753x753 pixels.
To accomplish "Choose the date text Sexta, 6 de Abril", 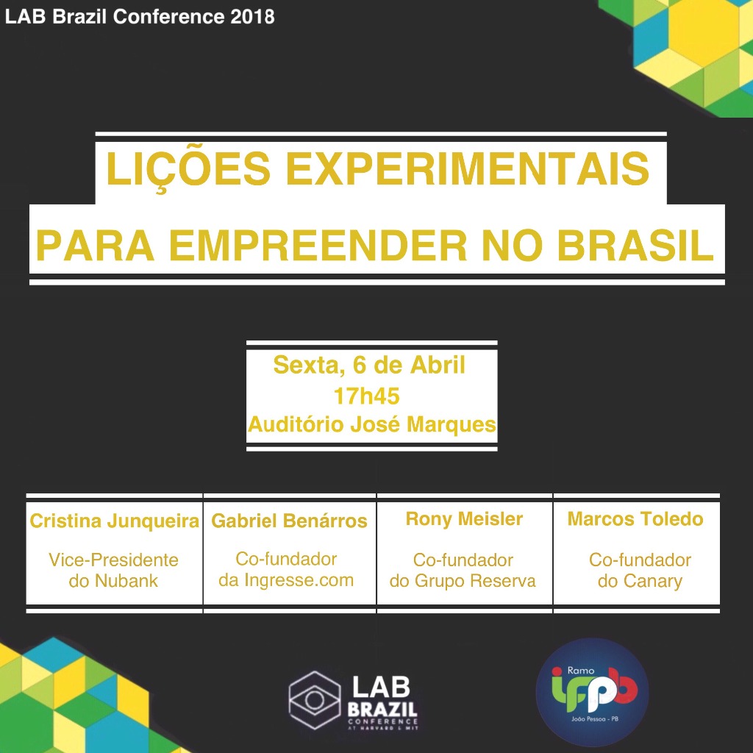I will (369, 365).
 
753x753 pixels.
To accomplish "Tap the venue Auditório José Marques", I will (371, 424).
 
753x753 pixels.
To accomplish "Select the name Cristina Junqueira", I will (114, 521).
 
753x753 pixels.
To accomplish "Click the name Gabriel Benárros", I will (289, 521).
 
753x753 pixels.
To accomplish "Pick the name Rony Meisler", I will (464, 518).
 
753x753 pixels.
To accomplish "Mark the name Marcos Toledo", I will (635, 518).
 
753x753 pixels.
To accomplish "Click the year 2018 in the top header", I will (252, 17).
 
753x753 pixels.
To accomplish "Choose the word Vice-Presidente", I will (113, 560).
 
